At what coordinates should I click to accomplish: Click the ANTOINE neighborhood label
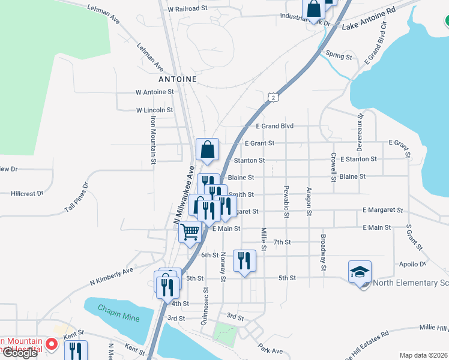point(178,79)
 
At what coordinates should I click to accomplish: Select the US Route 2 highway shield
point(273,97)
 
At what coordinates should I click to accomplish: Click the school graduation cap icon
point(360,272)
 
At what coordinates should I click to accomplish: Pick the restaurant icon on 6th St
point(244,260)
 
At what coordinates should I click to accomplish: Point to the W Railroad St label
point(187,10)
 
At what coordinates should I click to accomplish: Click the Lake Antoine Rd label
point(369,19)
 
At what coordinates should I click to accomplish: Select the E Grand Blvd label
point(274,126)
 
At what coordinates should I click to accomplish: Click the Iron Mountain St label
point(153,139)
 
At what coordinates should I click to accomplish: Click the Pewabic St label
point(286,202)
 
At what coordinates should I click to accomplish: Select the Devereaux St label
point(360,127)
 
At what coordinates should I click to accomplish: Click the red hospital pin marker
point(52,345)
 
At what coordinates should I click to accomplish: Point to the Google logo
point(19,353)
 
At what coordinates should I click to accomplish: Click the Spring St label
point(339,56)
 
